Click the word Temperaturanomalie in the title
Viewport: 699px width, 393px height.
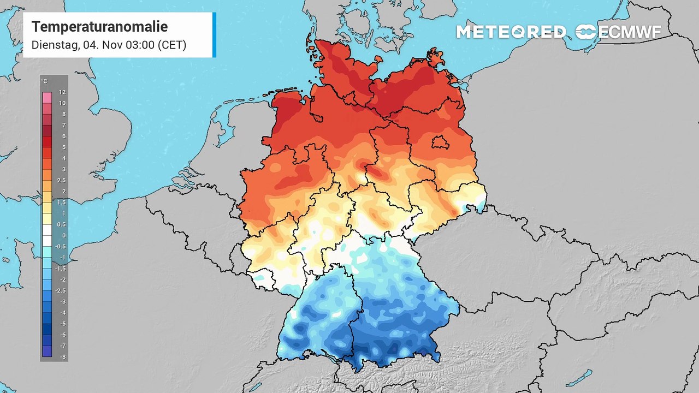point(99,27)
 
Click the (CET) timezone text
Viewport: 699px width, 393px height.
point(172,45)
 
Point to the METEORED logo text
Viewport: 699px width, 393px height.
point(511,32)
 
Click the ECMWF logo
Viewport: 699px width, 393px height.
point(618,32)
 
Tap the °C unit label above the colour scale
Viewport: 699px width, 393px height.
point(45,82)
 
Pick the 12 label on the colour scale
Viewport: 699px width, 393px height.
point(62,92)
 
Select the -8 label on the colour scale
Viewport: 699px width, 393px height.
point(62,356)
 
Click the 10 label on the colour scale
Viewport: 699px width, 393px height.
point(62,103)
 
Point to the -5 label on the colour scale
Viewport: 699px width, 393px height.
point(62,324)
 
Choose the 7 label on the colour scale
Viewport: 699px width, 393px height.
point(62,126)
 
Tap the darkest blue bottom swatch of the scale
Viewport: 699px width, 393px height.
point(47,352)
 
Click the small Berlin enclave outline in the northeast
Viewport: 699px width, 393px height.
point(440,142)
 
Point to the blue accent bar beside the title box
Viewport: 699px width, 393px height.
point(214,35)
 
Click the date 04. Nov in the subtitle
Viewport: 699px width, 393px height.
point(103,45)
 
